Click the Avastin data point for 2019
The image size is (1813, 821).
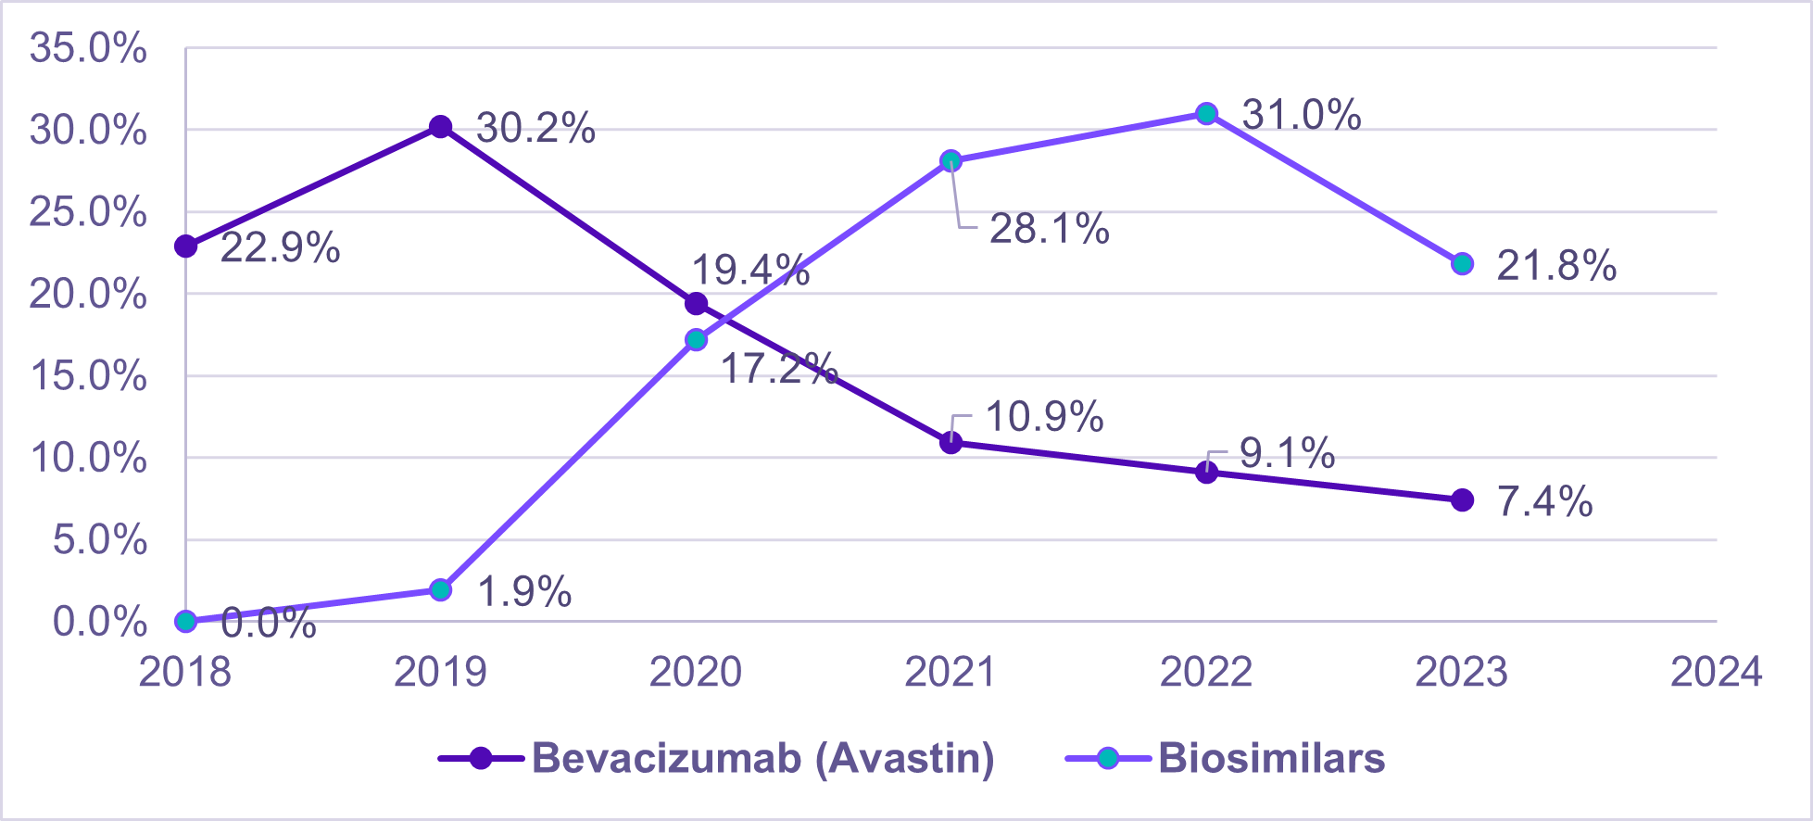pyautogui.click(x=441, y=127)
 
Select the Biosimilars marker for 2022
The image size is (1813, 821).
pyautogui.click(x=1206, y=114)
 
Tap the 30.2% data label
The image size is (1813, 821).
pyautogui.click(x=535, y=128)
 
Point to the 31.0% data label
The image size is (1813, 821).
pyautogui.click(x=1301, y=115)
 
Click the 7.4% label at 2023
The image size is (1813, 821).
pyautogui.click(x=1544, y=501)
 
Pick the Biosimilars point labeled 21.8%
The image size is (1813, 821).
pyautogui.click(x=1462, y=264)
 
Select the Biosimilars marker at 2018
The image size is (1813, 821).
pyautogui.click(x=186, y=621)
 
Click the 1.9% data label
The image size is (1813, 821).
pyautogui.click(x=524, y=592)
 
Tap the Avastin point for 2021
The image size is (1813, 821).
pyautogui.click(x=951, y=443)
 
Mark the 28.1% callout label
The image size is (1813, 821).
pyautogui.click(x=1049, y=229)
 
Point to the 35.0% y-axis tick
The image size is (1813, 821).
pyautogui.click(x=88, y=48)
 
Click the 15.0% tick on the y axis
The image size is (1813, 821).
pyautogui.click(x=88, y=376)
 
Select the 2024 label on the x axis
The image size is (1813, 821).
pyautogui.click(x=1716, y=672)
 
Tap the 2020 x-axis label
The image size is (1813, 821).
pyautogui.click(x=695, y=672)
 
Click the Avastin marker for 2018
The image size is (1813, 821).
pyautogui.click(x=186, y=246)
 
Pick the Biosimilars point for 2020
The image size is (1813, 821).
pyautogui.click(x=696, y=340)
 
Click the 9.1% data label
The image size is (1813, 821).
pyautogui.click(x=1287, y=453)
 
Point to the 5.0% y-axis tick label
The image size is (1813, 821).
pyautogui.click(x=99, y=540)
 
